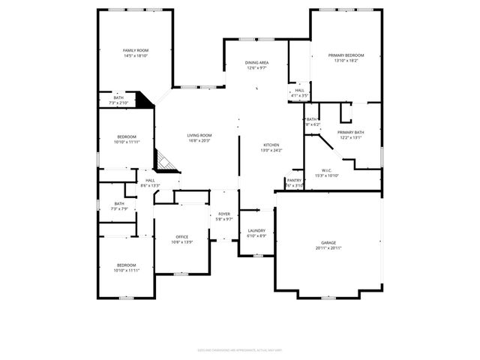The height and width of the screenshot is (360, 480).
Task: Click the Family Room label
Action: pos(136,50)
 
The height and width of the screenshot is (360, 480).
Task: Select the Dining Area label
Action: pos(257,63)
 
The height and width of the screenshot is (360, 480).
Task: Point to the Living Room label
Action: pos(199,135)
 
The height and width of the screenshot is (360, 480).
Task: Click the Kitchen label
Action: pos(271,145)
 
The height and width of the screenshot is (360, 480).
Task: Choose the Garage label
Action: pos(328,243)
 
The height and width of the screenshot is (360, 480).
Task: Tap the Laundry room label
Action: pos(256,231)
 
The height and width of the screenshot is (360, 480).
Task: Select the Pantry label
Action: pos(294,180)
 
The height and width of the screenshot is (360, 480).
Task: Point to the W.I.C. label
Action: pos(328,170)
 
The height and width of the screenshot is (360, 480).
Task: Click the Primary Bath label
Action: pos(350,132)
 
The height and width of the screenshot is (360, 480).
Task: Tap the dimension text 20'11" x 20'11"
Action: pos(328,248)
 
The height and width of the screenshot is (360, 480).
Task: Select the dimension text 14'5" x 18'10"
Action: pos(136,55)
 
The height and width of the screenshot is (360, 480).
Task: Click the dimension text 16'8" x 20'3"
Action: pos(199,140)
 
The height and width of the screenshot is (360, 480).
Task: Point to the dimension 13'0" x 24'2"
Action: pos(271,150)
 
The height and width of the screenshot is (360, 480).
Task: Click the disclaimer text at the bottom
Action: pos(239,349)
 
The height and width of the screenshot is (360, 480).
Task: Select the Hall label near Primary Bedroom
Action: pos(299,91)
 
